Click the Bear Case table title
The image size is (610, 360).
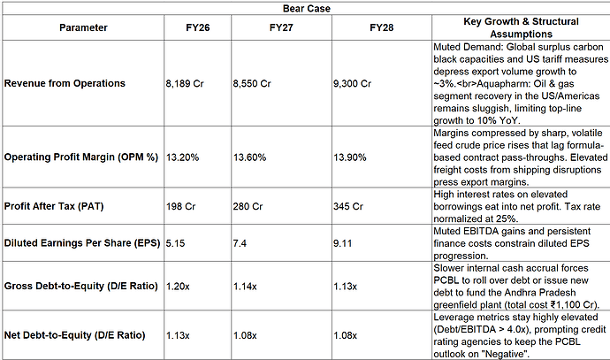(x=307, y=9)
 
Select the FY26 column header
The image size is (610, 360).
(x=198, y=27)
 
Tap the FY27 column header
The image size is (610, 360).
(x=281, y=27)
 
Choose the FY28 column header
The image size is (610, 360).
(x=382, y=27)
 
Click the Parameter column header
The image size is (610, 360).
(x=83, y=27)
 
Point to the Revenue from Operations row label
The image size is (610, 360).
(x=65, y=83)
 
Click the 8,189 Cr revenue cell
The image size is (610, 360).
(x=185, y=84)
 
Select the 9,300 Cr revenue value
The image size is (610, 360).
(x=352, y=84)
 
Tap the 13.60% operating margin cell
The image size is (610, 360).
(x=250, y=157)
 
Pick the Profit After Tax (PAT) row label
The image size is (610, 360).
(x=54, y=206)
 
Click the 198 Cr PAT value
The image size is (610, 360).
(x=181, y=206)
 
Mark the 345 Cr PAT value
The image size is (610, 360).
(x=348, y=206)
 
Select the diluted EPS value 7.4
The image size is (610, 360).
(x=240, y=243)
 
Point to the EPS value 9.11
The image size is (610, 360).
(x=343, y=243)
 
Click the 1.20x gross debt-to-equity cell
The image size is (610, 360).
(x=178, y=287)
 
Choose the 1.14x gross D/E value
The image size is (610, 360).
(x=245, y=287)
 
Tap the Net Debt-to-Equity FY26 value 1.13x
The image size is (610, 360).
(x=178, y=335)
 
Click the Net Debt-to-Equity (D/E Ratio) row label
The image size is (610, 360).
(x=74, y=335)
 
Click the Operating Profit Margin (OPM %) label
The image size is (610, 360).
(x=81, y=157)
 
